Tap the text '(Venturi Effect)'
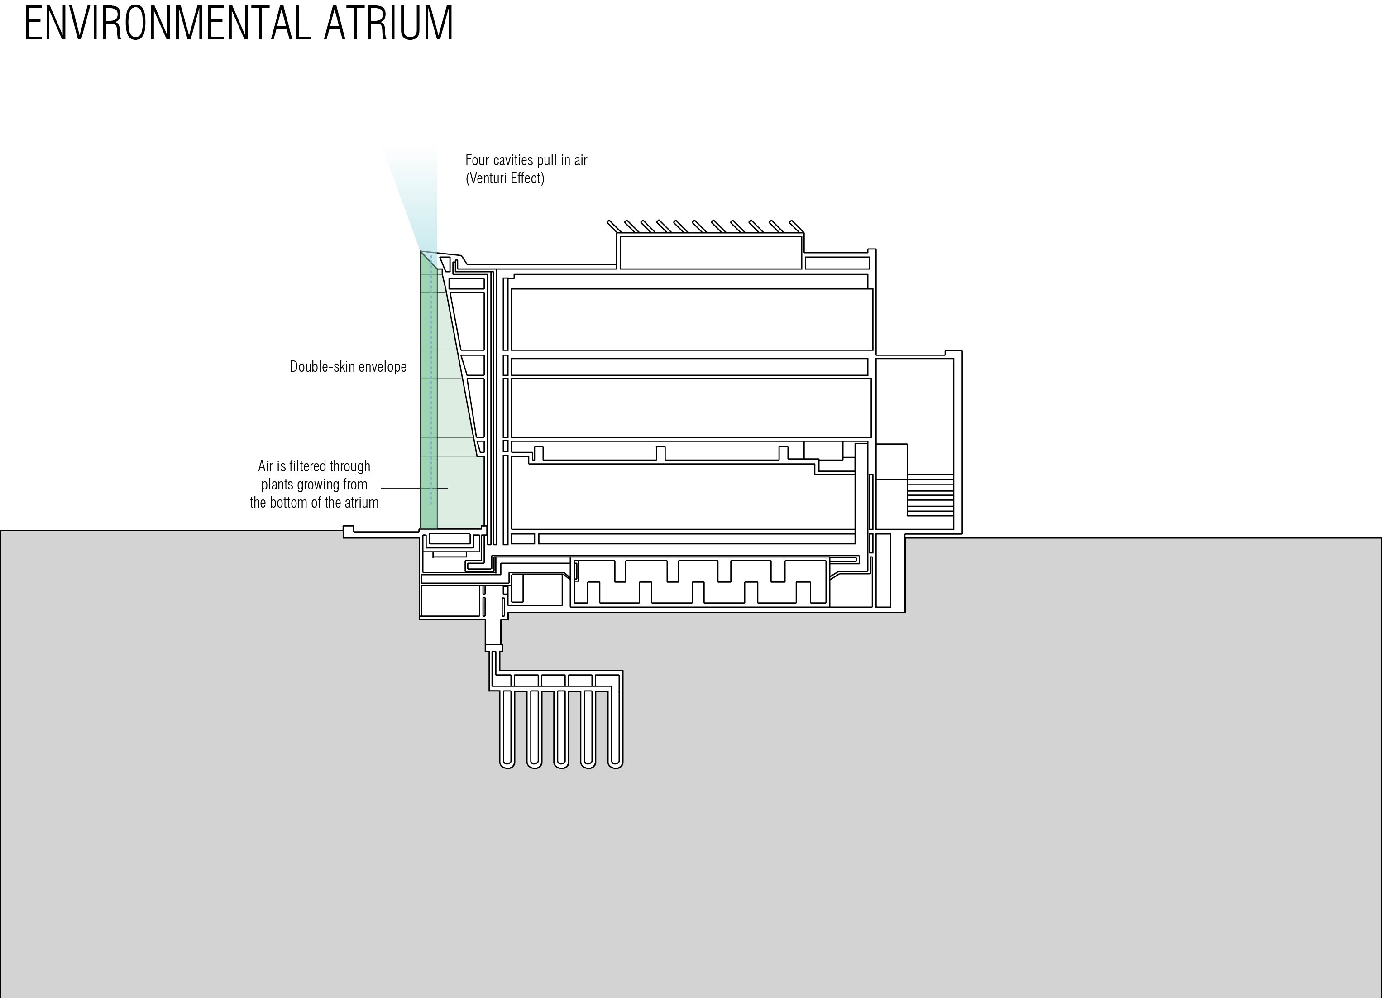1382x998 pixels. [x=505, y=178]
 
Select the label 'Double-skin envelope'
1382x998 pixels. [x=348, y=366]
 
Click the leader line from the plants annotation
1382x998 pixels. [x=414, y=488]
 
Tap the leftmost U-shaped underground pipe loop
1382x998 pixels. [x=507, y=729]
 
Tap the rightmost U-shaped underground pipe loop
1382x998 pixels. [x=615, y=729]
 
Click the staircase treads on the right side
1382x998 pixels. [x=930, y=495]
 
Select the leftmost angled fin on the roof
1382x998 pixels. [x=614, y=226]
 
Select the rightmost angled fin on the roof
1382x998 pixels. [x=796, y=226]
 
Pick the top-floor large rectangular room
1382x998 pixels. [x=692, y=319]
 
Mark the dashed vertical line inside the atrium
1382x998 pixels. [x=431, y=390]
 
